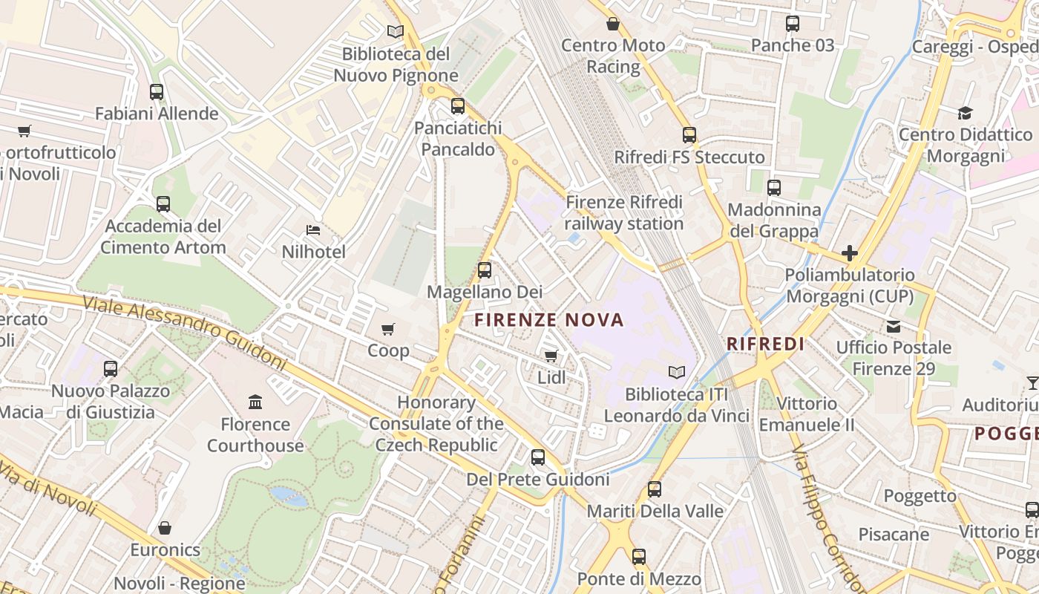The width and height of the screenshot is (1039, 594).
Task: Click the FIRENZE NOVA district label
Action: [549, 320]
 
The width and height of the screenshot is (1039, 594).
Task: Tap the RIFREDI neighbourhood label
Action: [766, 344]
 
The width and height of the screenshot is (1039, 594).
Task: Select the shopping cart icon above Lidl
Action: [551, 356]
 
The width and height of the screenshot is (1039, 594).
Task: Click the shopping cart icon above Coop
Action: [388, 329]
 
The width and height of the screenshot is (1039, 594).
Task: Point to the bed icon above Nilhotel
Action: [313, 230]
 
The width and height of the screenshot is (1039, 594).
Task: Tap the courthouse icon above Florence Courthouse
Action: [255, 402]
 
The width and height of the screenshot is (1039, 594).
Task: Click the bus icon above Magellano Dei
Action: [485, 270]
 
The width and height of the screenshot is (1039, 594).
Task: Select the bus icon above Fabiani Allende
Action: [157, 92]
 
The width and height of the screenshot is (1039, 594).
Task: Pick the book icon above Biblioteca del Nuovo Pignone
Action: [396, 32]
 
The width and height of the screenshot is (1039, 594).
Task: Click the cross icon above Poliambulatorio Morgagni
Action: [850, 253]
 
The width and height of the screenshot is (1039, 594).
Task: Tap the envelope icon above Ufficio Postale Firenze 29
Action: [894, 326]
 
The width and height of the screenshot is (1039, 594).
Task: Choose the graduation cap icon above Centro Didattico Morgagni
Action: [965, 113]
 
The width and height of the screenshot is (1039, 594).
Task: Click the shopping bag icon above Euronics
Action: [165, 528]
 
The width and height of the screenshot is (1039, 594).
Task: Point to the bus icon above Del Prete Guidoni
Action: [538, 457]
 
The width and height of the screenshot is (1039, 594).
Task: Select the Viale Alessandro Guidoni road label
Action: [184, 332]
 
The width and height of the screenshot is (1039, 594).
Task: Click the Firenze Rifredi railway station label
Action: [623, 212]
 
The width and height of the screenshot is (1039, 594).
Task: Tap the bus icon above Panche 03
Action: [793, 24]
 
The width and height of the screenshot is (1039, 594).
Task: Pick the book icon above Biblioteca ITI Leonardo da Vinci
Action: [676, 372]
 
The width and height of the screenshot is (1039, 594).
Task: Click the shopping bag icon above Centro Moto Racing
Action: [613, 24]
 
